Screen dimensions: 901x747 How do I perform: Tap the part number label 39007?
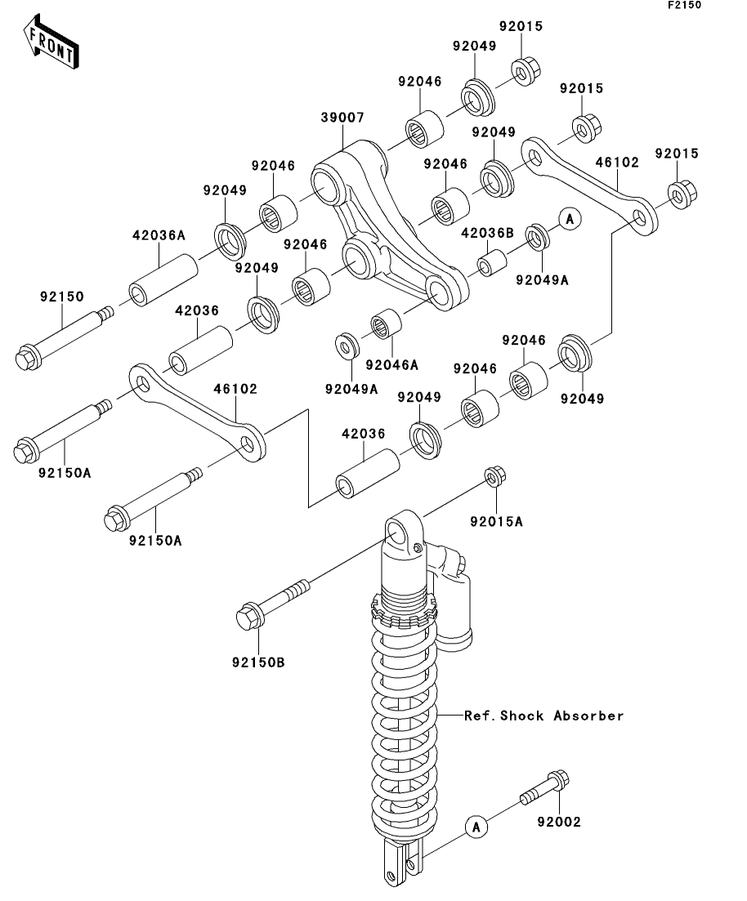click(x=342, y=118)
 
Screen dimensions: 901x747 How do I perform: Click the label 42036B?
click(x=486, y=232)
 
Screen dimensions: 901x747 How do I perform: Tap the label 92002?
click(x=559, y=823)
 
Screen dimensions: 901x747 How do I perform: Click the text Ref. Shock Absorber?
click(x=544, y=716)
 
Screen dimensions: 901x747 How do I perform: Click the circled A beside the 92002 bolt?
click(x=476, y=827)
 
